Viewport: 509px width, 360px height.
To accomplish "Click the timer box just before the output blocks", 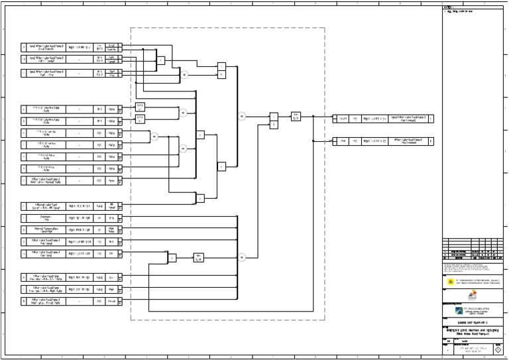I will pos(296,116).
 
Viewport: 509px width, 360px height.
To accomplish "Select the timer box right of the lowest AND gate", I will pos(199,257).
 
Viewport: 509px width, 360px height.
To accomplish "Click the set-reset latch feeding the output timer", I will pos(274,119).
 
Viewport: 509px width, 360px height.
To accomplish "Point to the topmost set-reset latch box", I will pos(221,70).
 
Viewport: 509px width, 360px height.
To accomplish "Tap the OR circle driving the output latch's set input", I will pos(242,116).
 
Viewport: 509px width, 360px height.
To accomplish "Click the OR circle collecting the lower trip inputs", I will pos(242,257).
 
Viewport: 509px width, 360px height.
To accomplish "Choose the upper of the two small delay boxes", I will pos(140,106).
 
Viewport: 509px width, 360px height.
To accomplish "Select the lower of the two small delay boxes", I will pos(140,119).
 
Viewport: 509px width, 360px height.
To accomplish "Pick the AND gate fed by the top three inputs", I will pos(160,60).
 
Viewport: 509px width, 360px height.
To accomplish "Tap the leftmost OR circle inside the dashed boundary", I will pos(153,137).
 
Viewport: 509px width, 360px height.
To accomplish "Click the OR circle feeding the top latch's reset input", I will pos(185,74).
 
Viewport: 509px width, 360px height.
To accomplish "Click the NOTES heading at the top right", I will pos(448,7).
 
